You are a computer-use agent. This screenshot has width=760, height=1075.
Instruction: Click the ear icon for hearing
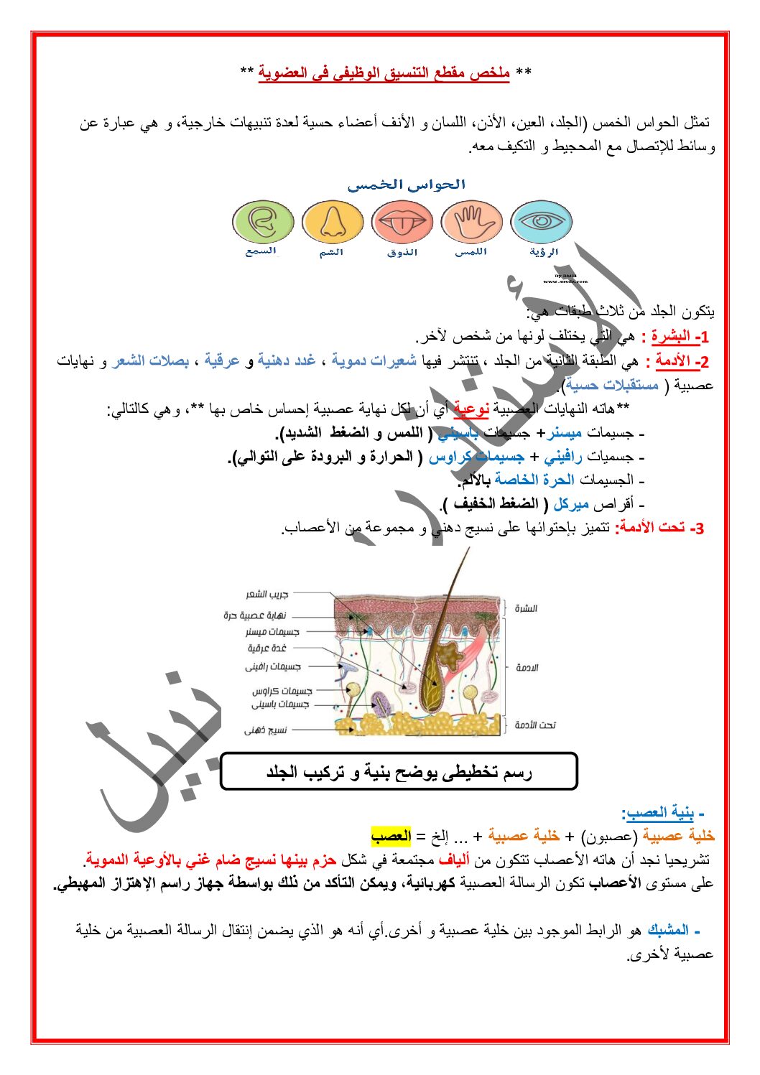pyautogui.click(x=264, y=222)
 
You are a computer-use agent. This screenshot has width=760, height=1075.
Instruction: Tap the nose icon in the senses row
pyautogui.click(x=333, y=222)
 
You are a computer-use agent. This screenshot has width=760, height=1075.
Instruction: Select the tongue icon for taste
pyautogui.click(x=402, y=222)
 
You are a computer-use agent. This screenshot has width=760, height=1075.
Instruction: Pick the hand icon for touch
pyautogui.click(x=471, y=222)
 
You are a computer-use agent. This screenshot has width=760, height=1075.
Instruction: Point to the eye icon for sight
pyautogui.click(x=542, y=222)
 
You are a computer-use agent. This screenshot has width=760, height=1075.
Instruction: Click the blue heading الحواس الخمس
pyautogui.click(x=407, y=185)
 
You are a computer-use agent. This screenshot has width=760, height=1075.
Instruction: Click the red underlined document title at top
pyautogui.click(x=384, y=73)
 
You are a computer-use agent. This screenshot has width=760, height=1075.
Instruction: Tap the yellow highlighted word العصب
pyautogui.click(x=391, y=836)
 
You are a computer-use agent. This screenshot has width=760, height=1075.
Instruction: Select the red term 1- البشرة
pyautogui.click(x=675, y=336)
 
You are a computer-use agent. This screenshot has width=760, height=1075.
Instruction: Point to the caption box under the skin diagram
pyautogui.click(x=399, y=772)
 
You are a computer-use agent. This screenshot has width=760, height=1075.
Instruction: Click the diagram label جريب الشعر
pyautogui.click(x=267, y=595)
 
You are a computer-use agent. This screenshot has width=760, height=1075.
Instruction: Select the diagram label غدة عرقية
pyautogui.click(x=267, y=648)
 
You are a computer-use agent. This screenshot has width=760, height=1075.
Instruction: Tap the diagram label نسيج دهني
pyautogui.click(x=265, y=730)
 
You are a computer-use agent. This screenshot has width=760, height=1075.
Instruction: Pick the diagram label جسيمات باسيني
pyautogui.click(x=280, y=704)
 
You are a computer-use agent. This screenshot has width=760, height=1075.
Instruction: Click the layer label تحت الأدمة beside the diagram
pyautogui.click(x=535, y=725)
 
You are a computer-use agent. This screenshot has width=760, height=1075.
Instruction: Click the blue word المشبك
pyautogui.click(x=667, y=931)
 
